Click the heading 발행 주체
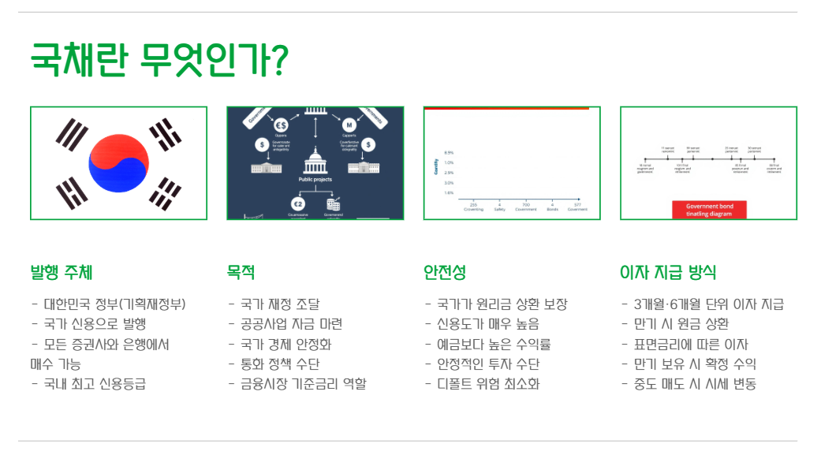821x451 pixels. click(61, 273)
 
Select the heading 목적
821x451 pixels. click(241, 273)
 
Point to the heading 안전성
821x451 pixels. click(445, 273)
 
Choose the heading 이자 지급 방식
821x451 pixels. click(668, 273)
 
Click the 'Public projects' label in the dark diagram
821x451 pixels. click(315, 179)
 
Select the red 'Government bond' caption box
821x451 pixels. click(708, 210)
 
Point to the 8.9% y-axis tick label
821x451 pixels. click(449, 153)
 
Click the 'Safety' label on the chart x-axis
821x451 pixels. click(499, 209)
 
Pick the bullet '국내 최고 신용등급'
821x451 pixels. click(94, 385)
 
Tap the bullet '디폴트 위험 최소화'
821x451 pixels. click(487, 385)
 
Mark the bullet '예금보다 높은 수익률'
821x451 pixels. click(493, 345)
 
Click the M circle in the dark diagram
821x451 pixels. click(349, 125)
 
